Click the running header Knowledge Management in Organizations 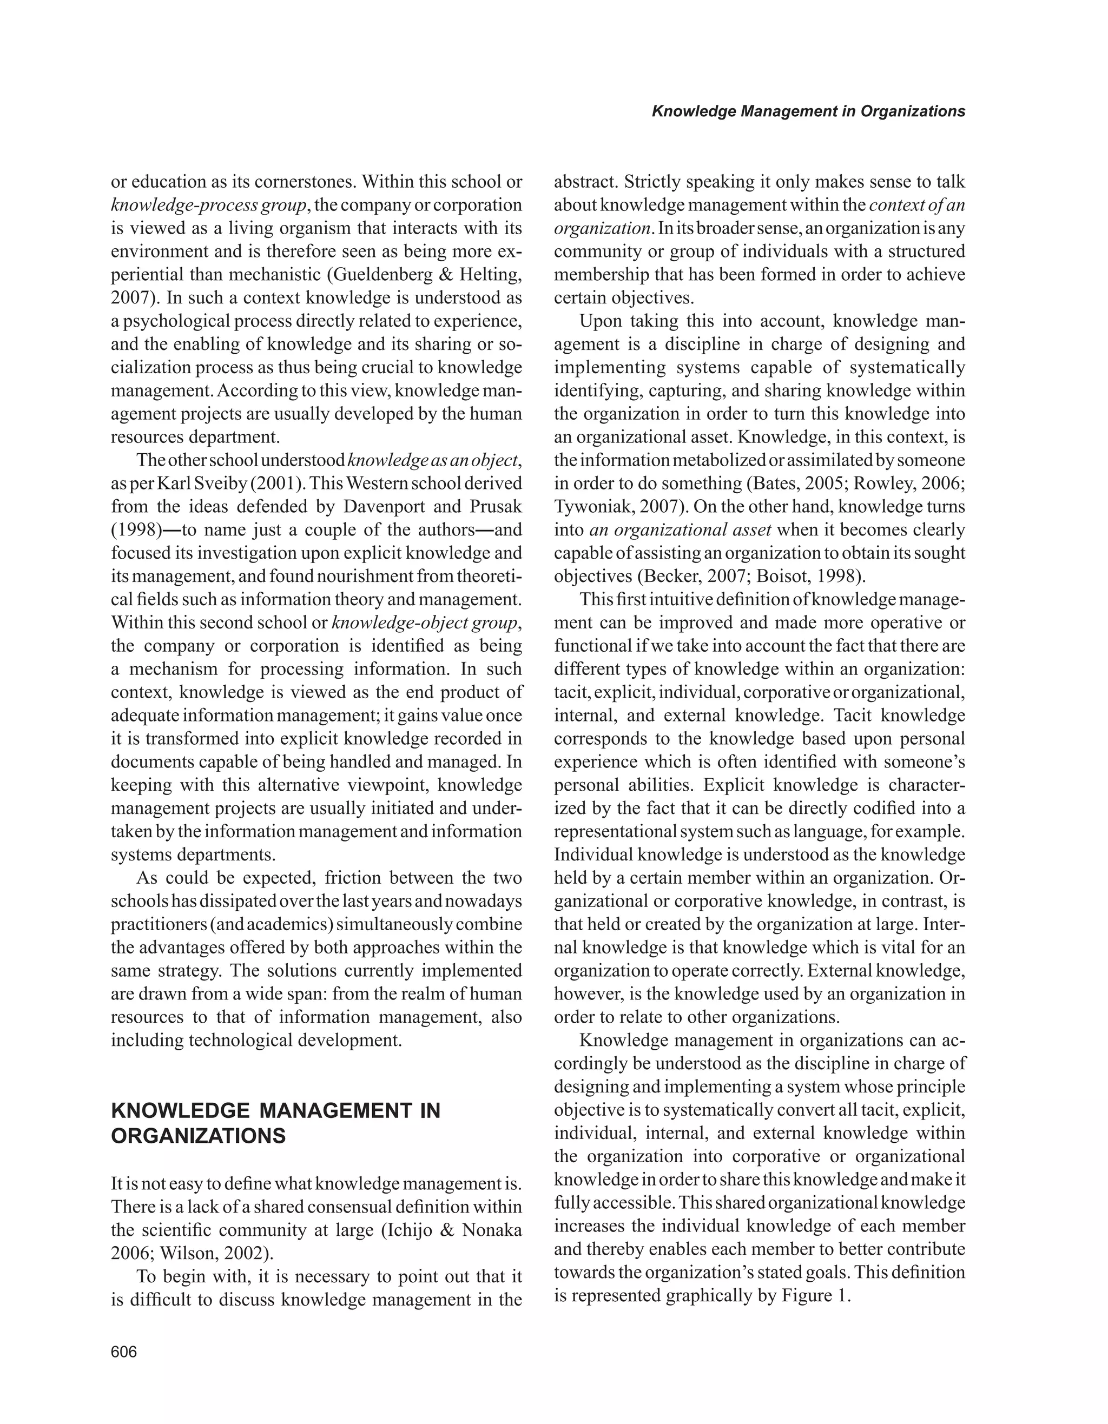coord(808,111)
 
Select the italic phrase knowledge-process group coord(207,206)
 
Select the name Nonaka coord(492,1230)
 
